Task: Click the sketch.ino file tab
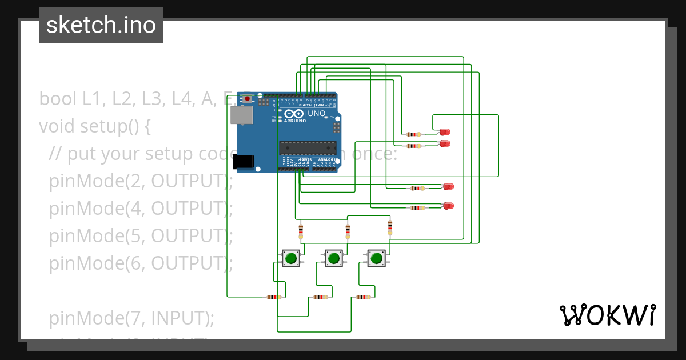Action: point(101,25)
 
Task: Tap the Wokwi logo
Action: point(607,315)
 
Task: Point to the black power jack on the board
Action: point(244,161)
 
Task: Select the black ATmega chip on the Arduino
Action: point(307,147)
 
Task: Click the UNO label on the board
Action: point(317,113)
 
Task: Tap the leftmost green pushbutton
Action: point(290,258)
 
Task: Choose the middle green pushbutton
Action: point(333,258)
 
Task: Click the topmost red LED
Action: point(445,133)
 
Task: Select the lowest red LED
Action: point(449,206)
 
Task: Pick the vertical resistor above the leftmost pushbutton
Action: point(301,231)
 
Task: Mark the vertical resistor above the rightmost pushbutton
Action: point(390,227)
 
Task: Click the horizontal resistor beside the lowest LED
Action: point(418,207)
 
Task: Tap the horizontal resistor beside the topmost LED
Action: point(412,135)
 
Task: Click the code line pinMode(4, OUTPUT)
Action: point(141,209)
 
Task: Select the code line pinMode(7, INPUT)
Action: point(131,318)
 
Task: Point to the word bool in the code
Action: point(58,99)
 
